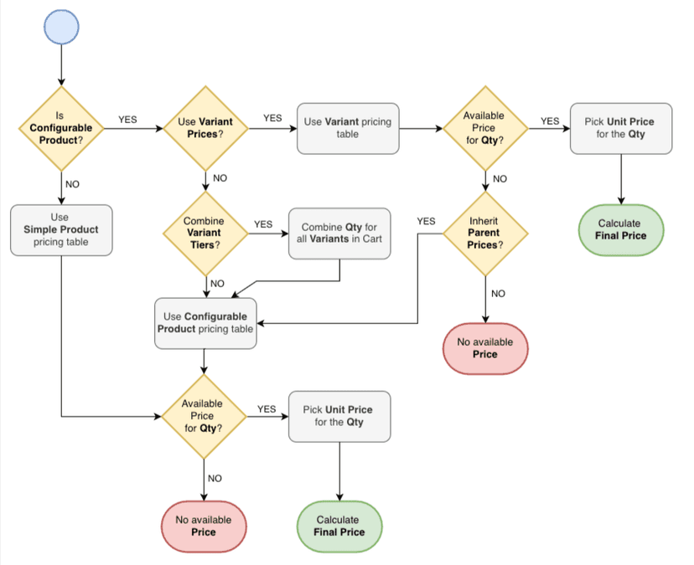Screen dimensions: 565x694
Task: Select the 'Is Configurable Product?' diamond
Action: point(60,128)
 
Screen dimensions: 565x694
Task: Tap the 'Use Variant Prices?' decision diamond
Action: point(205,128)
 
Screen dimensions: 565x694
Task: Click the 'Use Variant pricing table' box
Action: point(348,128)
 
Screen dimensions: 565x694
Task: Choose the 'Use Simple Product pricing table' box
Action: point(60,229)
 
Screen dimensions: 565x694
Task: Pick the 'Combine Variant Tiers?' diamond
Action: point(205,233)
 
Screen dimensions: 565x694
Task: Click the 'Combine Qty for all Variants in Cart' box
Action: point(339,234)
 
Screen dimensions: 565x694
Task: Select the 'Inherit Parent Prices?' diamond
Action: point(484,233)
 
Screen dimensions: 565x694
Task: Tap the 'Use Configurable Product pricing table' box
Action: point(205,323)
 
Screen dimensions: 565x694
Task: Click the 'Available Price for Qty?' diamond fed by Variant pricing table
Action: point(484,128)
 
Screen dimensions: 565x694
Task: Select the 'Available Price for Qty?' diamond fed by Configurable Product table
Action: point(203,415)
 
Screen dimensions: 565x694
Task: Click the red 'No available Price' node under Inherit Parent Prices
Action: point(484,348)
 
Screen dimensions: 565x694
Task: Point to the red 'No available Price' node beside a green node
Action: point(203,526)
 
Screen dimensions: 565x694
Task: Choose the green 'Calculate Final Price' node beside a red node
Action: point(339,526)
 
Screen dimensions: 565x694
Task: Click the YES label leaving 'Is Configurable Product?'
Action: point(127,120)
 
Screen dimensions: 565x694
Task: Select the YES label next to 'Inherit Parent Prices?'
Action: point(426,221)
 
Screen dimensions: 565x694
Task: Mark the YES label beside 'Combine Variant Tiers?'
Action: point(263,224)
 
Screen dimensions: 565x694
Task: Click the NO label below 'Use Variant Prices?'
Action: point(220,178)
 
